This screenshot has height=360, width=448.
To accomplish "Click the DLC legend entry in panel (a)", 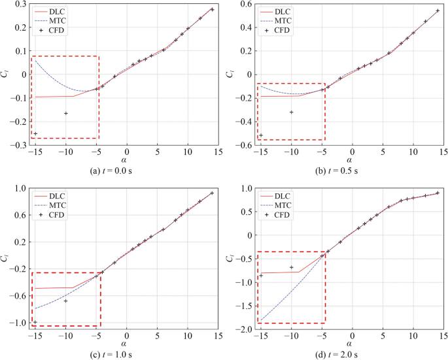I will coord(59,11).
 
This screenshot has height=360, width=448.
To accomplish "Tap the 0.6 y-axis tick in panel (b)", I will coord(245,5).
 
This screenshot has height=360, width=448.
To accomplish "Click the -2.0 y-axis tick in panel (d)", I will coord(243,330).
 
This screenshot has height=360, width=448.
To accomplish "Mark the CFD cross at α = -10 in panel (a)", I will coord(66,113).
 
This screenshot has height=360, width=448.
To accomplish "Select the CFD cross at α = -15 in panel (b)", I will coord(261,135).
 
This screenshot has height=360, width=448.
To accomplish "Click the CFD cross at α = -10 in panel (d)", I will coord(291,267).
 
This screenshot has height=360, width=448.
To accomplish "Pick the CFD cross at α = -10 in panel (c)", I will coord(66,301).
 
